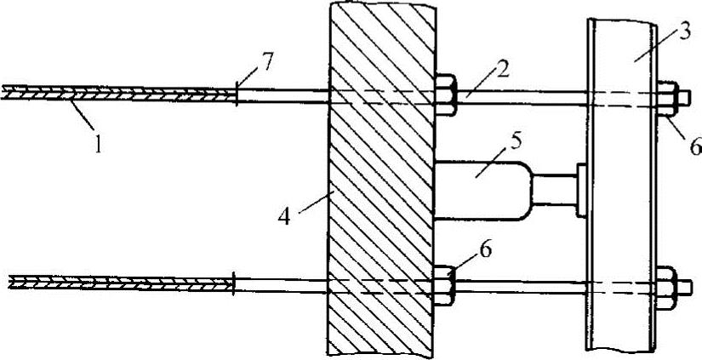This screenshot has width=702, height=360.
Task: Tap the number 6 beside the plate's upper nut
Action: click(x=692, y=146)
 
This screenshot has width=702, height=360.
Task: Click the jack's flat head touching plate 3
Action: click(x=582, y=189)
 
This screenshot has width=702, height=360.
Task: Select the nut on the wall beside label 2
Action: click(x=447, y=92)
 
